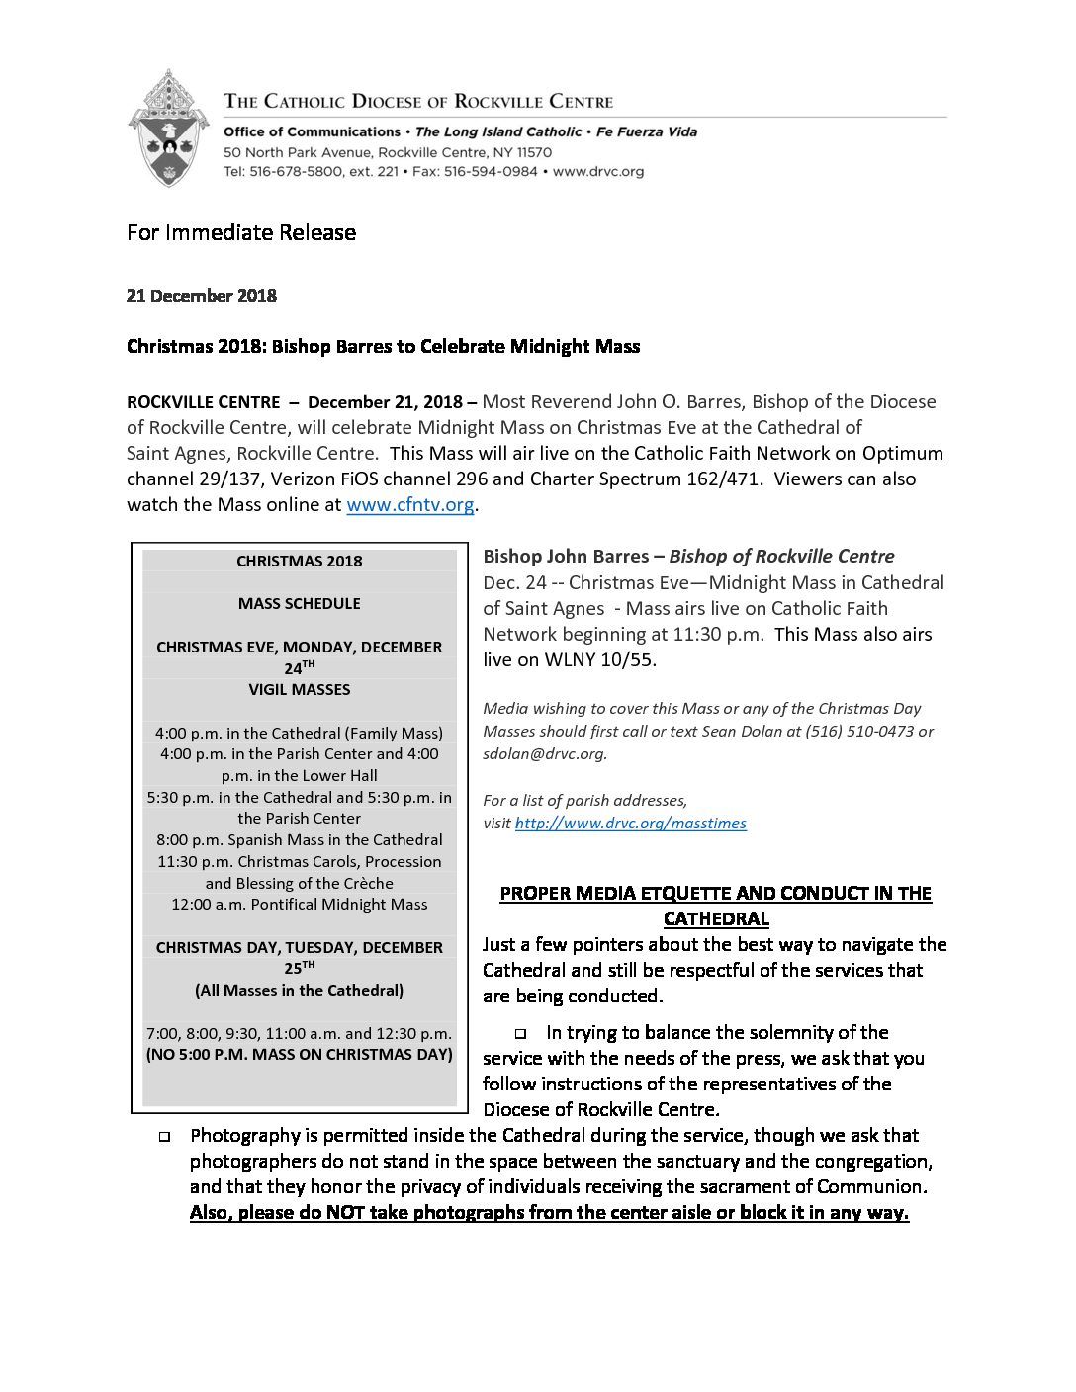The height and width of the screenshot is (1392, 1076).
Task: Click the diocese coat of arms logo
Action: click(167, 129)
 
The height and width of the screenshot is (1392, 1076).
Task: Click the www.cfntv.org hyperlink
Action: click(409, 505)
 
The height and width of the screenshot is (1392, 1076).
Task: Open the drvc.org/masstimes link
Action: click(630, 824)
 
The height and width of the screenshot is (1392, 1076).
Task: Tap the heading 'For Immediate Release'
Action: click(241, 233)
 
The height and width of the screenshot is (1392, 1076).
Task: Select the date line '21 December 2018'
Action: click(202, 296)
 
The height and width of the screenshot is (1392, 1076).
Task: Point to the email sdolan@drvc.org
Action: click(544, 754)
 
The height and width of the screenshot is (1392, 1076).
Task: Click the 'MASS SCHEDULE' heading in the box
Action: click(299, 604)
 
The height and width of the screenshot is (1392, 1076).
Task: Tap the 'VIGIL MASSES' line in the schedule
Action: click(299, 690)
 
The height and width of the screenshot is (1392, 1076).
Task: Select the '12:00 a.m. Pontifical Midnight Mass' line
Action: click(299, 905)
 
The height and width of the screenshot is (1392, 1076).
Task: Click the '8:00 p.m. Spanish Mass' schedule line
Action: click(299, 840)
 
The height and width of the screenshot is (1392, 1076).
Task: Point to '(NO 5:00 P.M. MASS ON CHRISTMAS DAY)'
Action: click(299, 1055)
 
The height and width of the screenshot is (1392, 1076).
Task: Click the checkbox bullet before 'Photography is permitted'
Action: click(164, 1137)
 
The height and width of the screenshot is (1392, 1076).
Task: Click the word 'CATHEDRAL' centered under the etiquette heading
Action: click(716, 919)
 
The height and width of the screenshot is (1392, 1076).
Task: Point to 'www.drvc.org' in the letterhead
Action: click(598, 172)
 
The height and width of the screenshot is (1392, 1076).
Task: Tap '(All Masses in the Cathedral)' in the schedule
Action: click(299, 991)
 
